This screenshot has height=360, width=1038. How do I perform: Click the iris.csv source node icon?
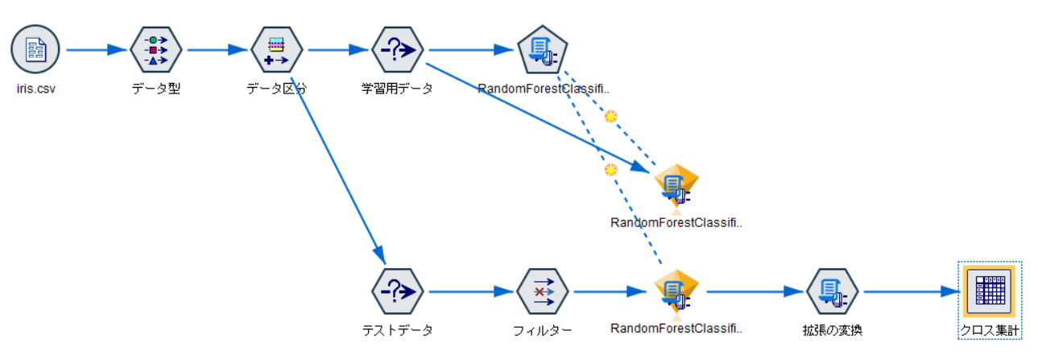[x=35, y=50]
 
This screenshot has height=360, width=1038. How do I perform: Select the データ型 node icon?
[x=155, y=50]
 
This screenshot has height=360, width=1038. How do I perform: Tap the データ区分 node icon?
[x=276, y=50]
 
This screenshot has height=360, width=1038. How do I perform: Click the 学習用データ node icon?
[x=397, y=50]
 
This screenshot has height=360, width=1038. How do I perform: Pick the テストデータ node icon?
[x=397, y=292]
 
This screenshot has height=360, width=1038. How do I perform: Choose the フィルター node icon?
[x=541, y=292]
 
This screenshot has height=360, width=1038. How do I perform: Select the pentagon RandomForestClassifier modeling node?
[x=541, y=50]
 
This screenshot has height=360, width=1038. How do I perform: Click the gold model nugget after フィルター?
[x=675, y=292]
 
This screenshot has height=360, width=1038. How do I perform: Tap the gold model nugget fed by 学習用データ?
[x=675, y=185]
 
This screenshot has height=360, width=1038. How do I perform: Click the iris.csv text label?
[x=35, y=89]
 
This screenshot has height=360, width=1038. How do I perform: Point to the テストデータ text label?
[x=397, y=329]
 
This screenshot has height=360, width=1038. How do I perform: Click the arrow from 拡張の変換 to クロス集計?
[x=910, y=292]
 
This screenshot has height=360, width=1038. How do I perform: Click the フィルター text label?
[x=542, y=329]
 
